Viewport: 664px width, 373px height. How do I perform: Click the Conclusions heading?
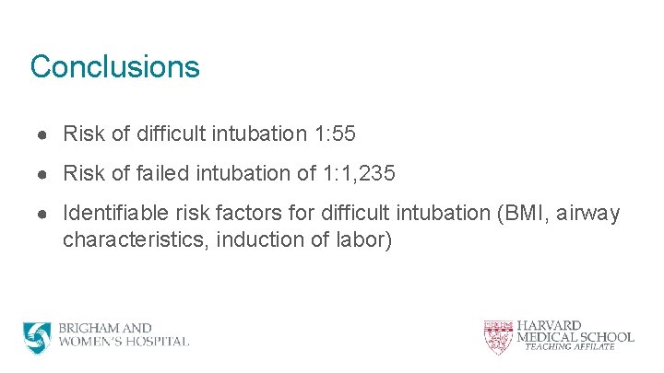click(x=114, y=67)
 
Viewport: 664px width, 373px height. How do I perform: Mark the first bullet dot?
click(x=43, y=135)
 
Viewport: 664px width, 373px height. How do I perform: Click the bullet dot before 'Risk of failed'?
click(x=43, y=175)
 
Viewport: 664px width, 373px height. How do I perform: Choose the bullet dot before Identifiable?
click(x=43, y=215)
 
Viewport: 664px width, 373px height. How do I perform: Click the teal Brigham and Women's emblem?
click(x=38, y=337)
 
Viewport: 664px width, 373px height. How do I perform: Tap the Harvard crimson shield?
click(x=497, y=338)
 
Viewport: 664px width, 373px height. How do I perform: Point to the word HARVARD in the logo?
click(x=549, y=326)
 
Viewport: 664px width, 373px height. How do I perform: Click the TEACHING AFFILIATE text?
click(x=569, y=347)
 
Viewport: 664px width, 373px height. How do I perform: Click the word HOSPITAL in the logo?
click(x=157, y=342)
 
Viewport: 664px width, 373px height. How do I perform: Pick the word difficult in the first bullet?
click(x=171, y=134)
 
